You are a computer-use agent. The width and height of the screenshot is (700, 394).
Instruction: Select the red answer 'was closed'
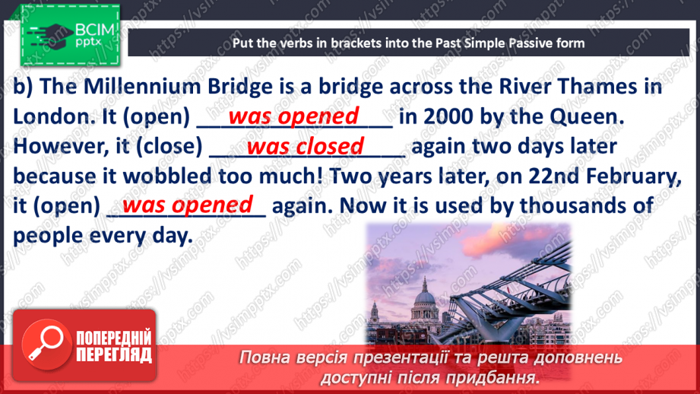tap(306, 146)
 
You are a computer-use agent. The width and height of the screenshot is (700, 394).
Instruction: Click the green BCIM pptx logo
tap(70, 35)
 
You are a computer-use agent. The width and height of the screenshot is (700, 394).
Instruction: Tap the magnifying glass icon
tap(46, 345)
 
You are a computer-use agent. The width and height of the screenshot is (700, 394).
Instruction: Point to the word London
tap(53, 116)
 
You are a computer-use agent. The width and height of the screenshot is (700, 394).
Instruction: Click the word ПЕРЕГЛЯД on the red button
tap(114, 354)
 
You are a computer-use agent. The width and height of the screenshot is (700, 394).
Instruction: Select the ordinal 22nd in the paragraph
tap(554, 176)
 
